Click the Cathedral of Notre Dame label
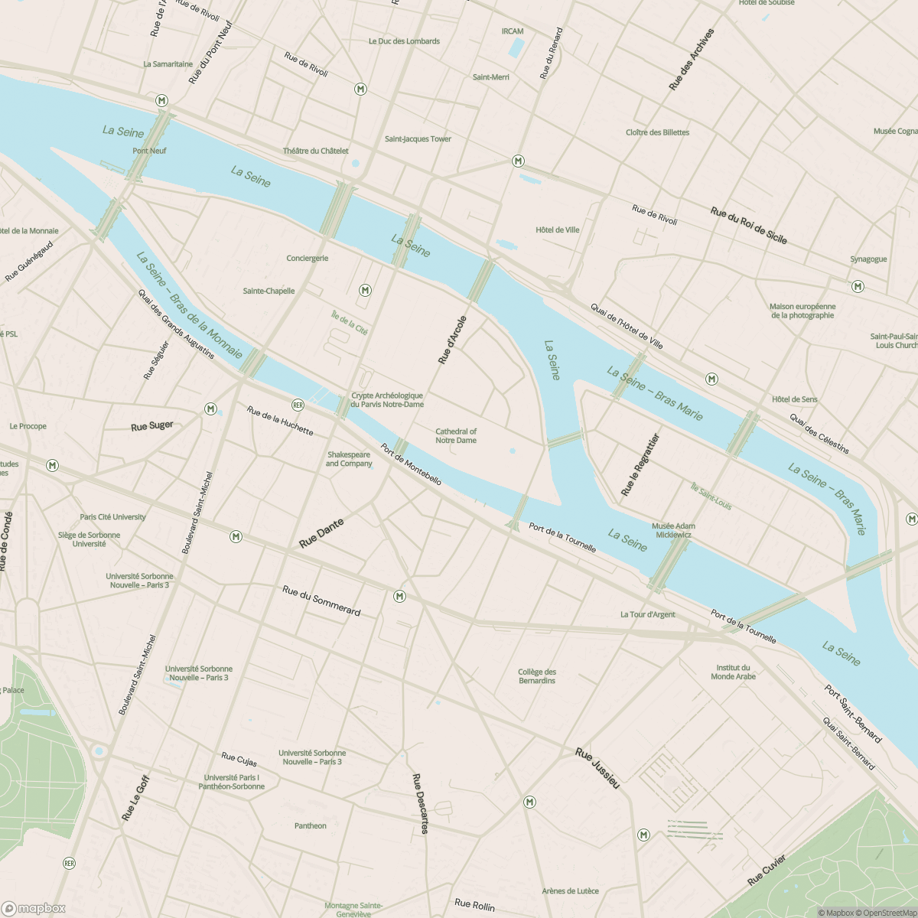coord(456,436)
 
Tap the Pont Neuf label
coord(149,151)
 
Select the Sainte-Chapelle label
coord(269,291)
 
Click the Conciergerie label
coord(307,258)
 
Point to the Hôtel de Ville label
coord(558,229)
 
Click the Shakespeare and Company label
coord(348,459)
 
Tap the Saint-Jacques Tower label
coord(418,139)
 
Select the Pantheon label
coord(310,825)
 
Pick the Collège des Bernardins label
coord(537,676)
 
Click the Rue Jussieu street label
coord(597,768)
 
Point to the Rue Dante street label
coord(321,533)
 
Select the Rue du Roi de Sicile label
coord(748,226)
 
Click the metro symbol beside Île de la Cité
coord(366,290)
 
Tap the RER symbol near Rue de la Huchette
coord(298,404)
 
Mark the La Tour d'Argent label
coord(647,614)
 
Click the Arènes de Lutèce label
coord(570,890)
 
